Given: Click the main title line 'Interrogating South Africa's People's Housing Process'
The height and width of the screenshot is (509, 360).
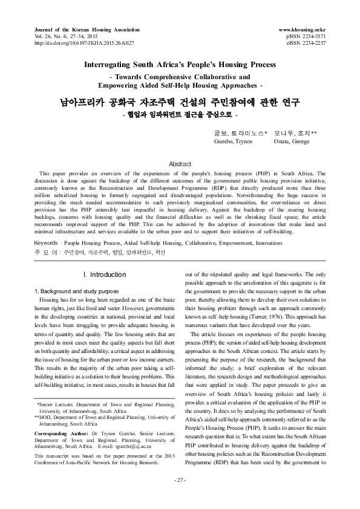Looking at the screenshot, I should pyautogui.click(x=180, y=64).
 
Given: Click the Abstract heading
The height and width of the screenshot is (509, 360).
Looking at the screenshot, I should pyautogui.click(x=180, y=164).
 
